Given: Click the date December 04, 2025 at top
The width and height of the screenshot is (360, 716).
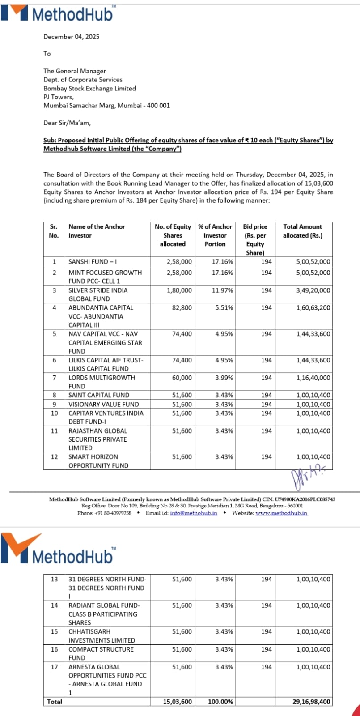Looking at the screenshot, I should (72, 37).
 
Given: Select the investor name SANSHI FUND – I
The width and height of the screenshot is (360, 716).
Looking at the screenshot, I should (93, 262).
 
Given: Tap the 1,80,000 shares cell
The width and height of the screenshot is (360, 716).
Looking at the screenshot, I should (179, 290).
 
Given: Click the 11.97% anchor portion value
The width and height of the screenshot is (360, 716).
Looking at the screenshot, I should (222, 290).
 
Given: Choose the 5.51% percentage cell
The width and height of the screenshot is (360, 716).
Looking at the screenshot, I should (224, 308).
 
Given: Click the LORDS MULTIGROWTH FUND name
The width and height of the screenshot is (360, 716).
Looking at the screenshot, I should (102, 382).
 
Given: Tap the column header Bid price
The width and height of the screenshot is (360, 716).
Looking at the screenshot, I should (255, 227).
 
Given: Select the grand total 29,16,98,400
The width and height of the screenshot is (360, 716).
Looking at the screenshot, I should (312, 702).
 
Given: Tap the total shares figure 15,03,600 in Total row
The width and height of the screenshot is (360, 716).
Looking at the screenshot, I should (178, 702).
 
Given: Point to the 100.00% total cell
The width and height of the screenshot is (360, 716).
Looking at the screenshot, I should (220, 702).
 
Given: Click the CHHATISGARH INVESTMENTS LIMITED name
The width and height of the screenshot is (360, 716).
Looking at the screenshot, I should (102, 636).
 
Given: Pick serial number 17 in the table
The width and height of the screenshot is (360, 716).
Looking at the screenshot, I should (54, 667).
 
